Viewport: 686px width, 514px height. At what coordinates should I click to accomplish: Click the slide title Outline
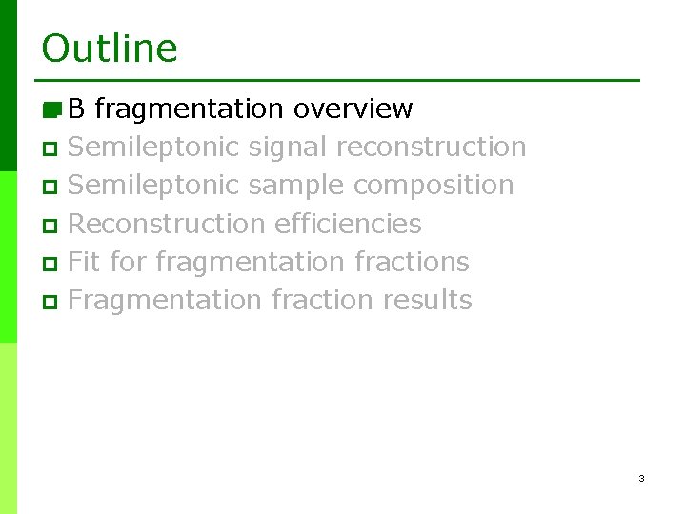(110, 48)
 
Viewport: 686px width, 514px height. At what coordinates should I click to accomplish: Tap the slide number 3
(641, 478)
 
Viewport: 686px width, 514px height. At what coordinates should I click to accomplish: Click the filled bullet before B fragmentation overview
(51, 109)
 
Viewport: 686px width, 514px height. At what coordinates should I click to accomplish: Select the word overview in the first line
(353, 109)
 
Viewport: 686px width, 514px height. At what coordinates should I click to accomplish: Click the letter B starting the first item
(77, 109)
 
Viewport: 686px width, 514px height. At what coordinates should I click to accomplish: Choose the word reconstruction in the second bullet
(431, 148)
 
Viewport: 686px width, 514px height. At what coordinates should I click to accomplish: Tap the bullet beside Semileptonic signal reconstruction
(50, 149)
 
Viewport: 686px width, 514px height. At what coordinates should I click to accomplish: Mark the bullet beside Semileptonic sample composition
(50, 188)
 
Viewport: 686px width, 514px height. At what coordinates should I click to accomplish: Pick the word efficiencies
(348, 224)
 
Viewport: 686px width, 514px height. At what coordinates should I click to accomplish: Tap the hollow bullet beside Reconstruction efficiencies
(50, 226)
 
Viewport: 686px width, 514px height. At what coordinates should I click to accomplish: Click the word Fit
(84, 262)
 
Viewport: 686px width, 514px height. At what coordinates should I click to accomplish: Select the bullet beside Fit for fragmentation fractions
(50, 264)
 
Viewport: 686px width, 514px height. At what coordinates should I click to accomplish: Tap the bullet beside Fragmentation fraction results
(50, 302)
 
